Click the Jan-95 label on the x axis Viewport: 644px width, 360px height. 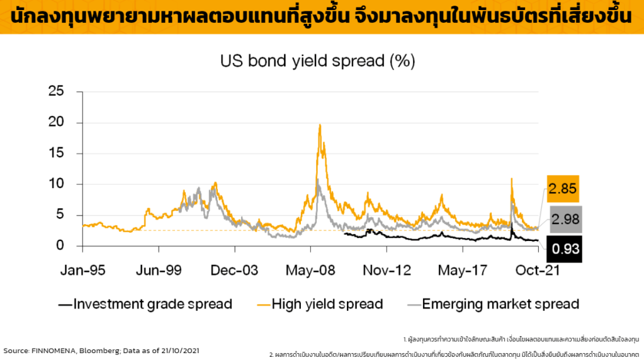pos(82,271)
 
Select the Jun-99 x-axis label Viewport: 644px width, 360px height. pos(159,271)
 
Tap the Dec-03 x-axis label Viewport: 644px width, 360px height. pos(234,271)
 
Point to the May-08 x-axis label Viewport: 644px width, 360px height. pos(310,271)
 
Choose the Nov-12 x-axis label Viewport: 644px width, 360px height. pos(386,271)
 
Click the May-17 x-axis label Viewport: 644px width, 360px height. pos(461,271)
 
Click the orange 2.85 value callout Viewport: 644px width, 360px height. pos(562,189)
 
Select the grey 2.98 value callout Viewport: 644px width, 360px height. pos(564,220)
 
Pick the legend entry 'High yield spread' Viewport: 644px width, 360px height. pos(327,305)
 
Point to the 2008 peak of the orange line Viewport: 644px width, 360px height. pos(320,125)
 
